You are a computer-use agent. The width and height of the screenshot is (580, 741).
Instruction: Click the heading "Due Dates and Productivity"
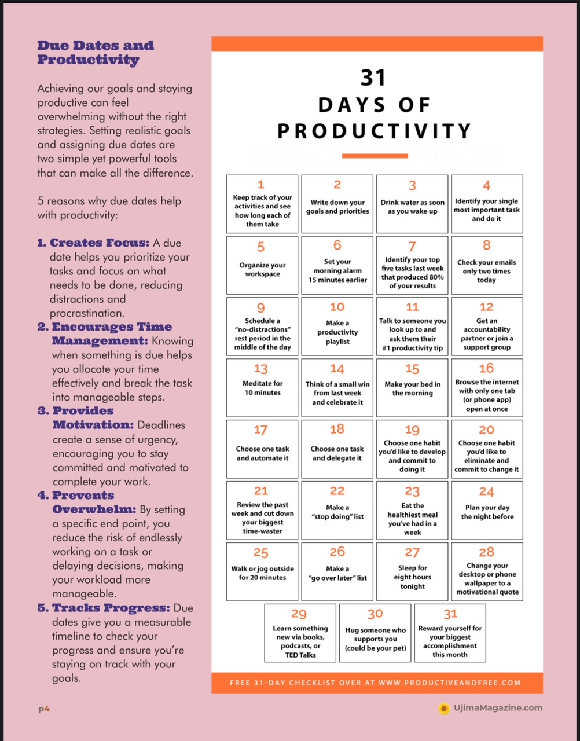click(x=96, y=53)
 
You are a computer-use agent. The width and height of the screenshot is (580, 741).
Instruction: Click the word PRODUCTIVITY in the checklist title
click(x=375, y=131)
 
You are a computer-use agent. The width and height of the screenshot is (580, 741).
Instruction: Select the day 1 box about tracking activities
click(x=262, y=204)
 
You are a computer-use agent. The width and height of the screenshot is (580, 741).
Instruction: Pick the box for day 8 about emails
click(x=487, y=265)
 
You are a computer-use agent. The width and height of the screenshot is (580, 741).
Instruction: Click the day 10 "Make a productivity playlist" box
click(x=337, y=327)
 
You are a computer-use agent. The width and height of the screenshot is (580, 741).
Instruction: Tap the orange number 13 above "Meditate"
click(x=261, y=369)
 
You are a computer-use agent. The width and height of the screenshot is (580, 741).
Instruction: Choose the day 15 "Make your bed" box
click(x=412, y=387)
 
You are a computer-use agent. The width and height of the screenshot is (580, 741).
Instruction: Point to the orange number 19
click(x=412, y=430)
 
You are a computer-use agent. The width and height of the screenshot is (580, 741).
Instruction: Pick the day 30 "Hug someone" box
click(x=375, y=633)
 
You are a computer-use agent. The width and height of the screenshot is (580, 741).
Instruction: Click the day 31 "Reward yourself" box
click(x=450, y=633)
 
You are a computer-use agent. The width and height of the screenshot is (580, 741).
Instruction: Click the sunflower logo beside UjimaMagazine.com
click(x=444, y=708)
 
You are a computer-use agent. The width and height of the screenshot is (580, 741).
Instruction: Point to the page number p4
click(x=44, y=709)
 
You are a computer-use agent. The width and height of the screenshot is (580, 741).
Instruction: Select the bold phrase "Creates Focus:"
click(x=100, y=243)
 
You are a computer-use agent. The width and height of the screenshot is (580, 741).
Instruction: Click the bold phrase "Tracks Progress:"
click(x=111, y=608)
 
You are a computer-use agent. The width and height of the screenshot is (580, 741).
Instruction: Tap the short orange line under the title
click(x=375, y=156)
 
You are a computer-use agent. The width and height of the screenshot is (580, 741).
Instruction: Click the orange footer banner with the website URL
click(x=377, y=683)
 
